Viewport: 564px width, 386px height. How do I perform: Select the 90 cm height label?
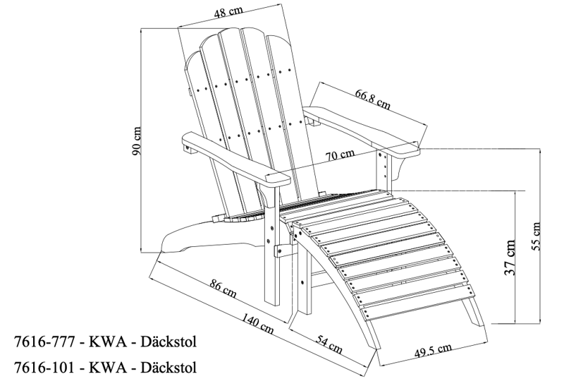[138, 140]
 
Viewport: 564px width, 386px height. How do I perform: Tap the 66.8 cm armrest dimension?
[373, 97]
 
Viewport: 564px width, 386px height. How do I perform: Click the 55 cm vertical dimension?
[537, 235]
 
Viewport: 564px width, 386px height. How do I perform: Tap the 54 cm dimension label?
[329, 345]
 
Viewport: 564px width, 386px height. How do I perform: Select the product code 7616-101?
[44, 367]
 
